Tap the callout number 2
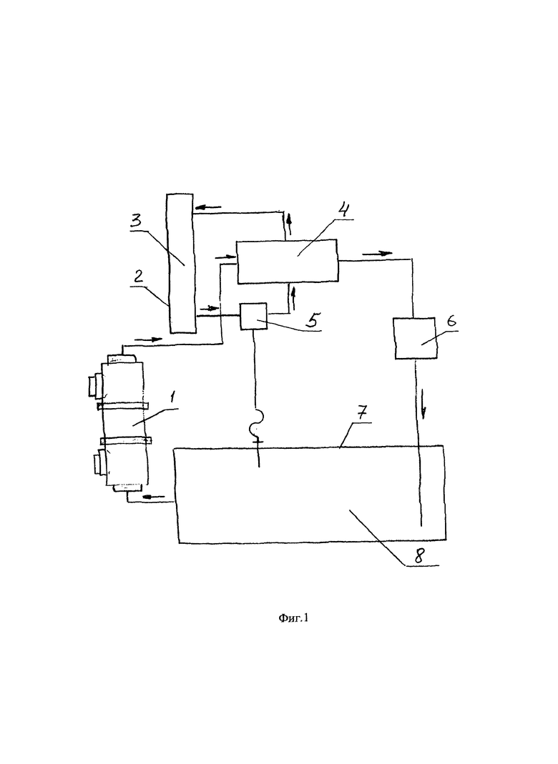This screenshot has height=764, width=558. [x=139, y=277]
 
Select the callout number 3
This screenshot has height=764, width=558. [x=135, y=220]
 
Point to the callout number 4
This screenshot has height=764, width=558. [x=343, y=211]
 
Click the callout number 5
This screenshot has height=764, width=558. [x=313, y=320]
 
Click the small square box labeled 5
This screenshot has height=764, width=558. [x=253, y=316]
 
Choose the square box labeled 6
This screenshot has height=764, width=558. [x=415, y=338]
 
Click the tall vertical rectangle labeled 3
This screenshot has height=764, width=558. [x=181, y=264]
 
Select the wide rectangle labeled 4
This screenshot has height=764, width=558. [x=288, y=261]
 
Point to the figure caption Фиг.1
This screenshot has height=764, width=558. [x=293, y=618]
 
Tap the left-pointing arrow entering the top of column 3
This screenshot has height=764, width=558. [x=207, y=207]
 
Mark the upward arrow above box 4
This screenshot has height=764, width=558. [x=289, y=224]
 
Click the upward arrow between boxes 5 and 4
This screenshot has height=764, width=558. [x=293, y=299]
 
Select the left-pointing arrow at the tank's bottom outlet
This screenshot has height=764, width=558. [x=155, y=497]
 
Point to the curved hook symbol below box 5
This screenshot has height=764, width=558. [x=256, y=422]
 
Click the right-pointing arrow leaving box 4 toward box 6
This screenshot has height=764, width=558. [x=377, y=253]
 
